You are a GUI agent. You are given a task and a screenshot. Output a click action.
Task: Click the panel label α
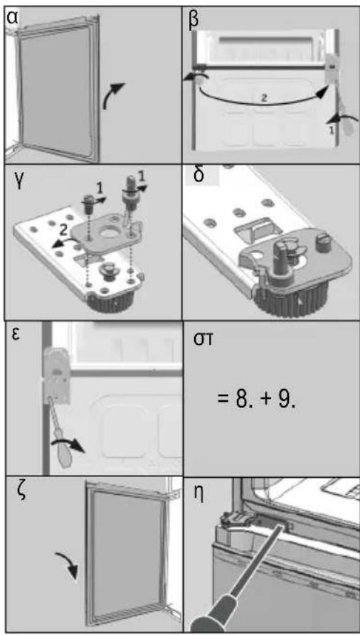point(12,19)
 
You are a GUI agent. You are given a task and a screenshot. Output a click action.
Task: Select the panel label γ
point(12,179)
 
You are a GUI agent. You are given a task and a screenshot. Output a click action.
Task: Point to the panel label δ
point(197,176)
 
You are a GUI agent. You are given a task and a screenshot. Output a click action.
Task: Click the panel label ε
point(16,336)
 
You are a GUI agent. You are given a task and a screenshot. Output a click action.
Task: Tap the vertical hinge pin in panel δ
point(280,263)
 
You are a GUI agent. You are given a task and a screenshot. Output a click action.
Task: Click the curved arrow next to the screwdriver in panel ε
point(68,444)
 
